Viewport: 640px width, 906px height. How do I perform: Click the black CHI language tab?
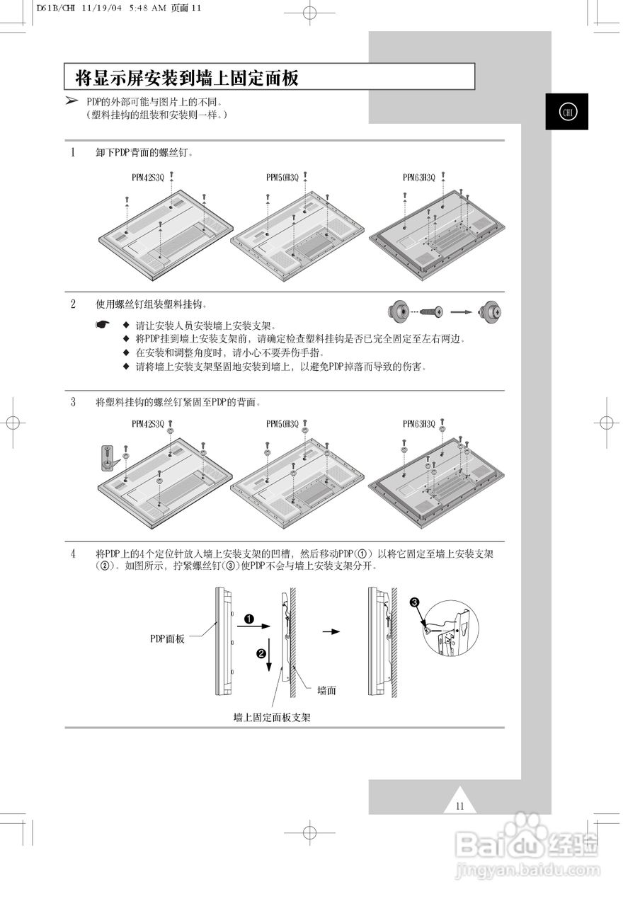pyautogui.click(x=566, y=112)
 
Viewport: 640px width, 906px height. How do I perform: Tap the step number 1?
pyautogui.click(x=73, y=152)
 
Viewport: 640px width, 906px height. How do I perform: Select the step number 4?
pyautogui.click(x=73, y=554)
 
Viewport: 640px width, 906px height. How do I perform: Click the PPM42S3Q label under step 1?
pyautogui.click(x=147, y=177)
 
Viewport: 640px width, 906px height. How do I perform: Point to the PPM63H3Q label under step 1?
pyautogui.click(x=419, y=177)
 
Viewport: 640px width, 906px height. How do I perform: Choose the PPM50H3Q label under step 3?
pyautogui.click(x=282, y=424)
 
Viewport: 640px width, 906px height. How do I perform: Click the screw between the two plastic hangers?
pyautogui.click(x=431, y=311)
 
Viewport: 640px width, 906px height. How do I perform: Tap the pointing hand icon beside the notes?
pyautogui.click(x=104, y=325)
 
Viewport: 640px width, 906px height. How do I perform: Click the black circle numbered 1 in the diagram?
pyautogui.click(x=248, y=619)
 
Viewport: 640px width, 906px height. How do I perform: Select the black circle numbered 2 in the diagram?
pyautogui.click(x=261, y=653)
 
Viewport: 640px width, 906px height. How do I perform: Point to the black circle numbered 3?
pyautogui.click(x=414, y=602)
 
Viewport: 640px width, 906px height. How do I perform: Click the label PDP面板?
pyautogui.click(x=167, y=638)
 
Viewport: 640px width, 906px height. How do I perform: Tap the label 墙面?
pyautogui.click(x=326, y=690)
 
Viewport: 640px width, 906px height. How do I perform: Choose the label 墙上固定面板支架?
pyautogui.click(x=272, y=717)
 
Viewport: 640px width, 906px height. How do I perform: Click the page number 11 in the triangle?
pyautogui.click(x=460, y=805)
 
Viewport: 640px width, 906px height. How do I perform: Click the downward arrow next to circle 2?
pyautogui.click(x=270, y=657)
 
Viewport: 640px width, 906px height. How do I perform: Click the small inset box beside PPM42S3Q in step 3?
pyautogui.click(x=107, y=457)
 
